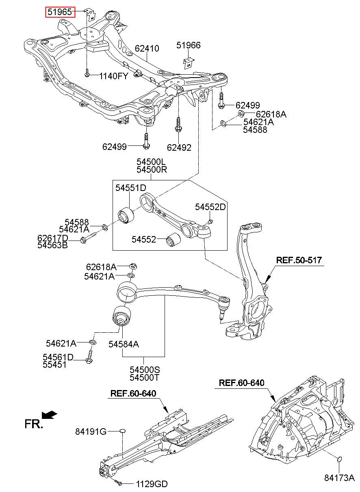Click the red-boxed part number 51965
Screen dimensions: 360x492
(x=60, y=12)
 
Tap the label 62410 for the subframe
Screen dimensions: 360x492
(x=147, y=48)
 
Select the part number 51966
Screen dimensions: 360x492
(x=189, y=45)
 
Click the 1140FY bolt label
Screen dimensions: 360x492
(x=113, y=76)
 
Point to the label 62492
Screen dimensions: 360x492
(x=179, y=147)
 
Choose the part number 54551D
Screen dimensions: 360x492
(x=131, y=188)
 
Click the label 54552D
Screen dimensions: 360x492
(x=210, y=207)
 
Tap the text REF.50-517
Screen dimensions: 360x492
(x=299, y=260)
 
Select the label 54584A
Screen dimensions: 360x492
(x=124, y=344)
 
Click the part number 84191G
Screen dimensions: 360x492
(x=91, y=431)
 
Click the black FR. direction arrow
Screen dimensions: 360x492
(x=49, y=415)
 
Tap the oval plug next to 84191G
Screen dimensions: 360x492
(x=122, y=431)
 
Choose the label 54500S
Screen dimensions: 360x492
(x=145, y=370)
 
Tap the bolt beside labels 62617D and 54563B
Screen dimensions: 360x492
(x=88, y=238)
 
